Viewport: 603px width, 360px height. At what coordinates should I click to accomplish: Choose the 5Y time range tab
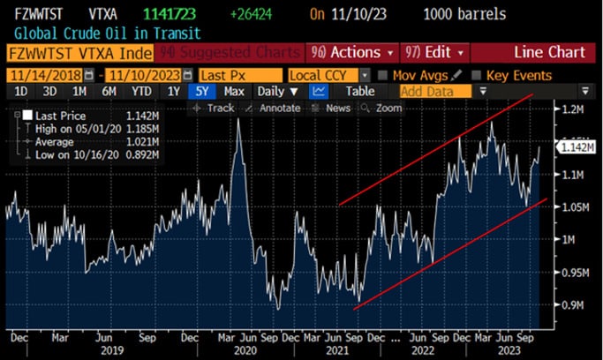203,91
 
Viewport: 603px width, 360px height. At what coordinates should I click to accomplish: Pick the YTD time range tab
140,91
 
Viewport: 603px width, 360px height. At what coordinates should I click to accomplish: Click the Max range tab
234,91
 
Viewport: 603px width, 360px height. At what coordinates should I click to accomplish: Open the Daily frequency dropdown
277,91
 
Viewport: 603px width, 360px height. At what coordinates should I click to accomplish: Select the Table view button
359,91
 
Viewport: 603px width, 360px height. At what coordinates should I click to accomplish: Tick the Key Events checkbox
478,75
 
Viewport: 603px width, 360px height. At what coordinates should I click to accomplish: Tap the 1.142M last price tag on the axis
576,148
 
